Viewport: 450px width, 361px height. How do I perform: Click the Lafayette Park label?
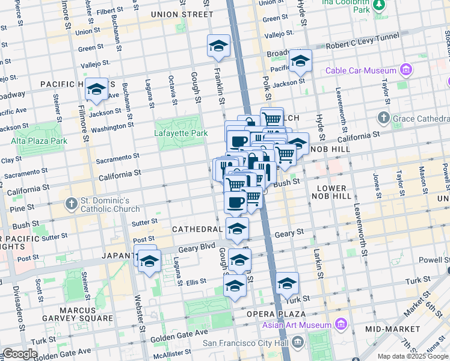point(180,133)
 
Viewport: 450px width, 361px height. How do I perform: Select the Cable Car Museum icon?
point(407,70)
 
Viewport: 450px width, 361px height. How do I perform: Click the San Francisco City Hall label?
point(246,344)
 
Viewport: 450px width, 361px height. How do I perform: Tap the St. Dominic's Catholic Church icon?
point(71,204)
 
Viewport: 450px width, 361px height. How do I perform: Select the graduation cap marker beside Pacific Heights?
point(96,90)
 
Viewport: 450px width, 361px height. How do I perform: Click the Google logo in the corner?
point(20,354)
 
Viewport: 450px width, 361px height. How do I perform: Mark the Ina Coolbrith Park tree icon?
point(378,5)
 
